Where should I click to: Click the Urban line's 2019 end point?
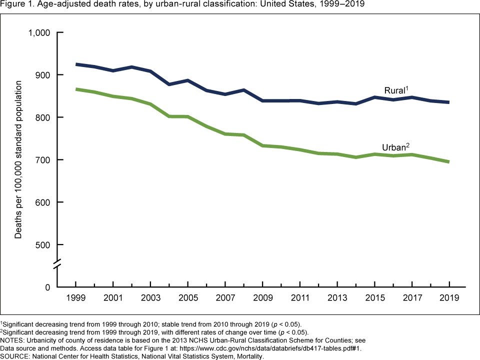tap(448, 161)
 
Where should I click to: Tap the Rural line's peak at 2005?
tap(188, 80)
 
